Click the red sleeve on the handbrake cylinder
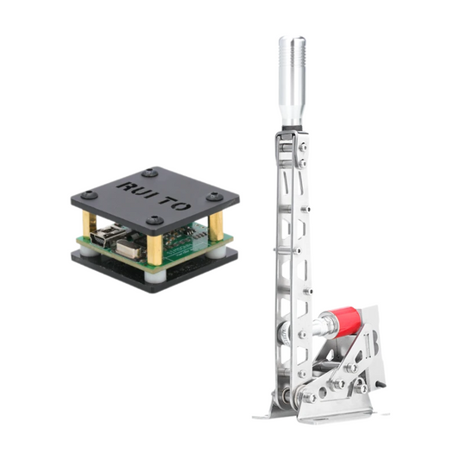[x=350, y=322]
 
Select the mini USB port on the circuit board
[x=108, y=235]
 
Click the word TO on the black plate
[x=175, y=203]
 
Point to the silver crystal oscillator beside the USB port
[x=129, y=249]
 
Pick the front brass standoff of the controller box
[x=154, y=250]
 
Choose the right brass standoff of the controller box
[x=216, y=226]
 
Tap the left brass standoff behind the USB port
[x=89, y=224]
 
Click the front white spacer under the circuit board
[x=155, y=276]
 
